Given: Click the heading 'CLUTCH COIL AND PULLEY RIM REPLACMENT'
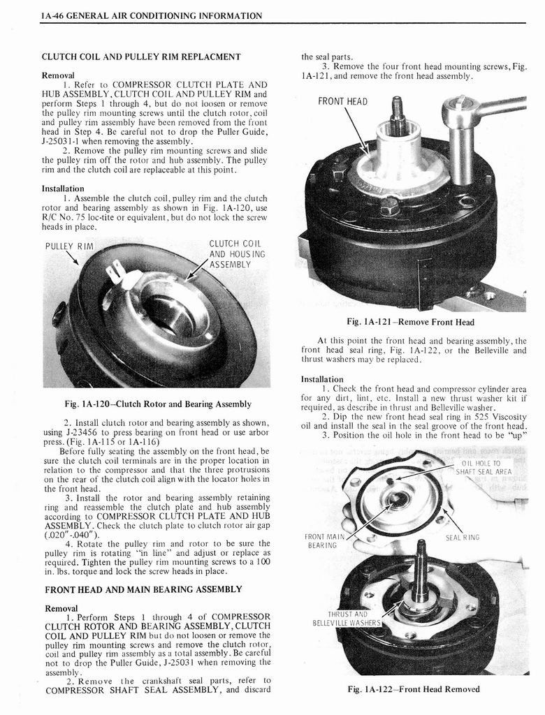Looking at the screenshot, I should tap(141, 57).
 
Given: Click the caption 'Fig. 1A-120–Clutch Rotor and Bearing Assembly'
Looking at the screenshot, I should tap(157, 404).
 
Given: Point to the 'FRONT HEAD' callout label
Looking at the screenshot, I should tap(342, 102).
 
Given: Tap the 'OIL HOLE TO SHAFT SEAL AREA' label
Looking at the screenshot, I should tap(484, 467).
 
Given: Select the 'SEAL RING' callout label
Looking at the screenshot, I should tap(462, 537).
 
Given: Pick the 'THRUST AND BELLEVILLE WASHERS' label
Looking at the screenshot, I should tap(347, 618).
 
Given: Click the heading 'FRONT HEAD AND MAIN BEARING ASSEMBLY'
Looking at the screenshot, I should tap(143, 589).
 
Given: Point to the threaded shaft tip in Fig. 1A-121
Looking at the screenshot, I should tap(398, 108).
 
